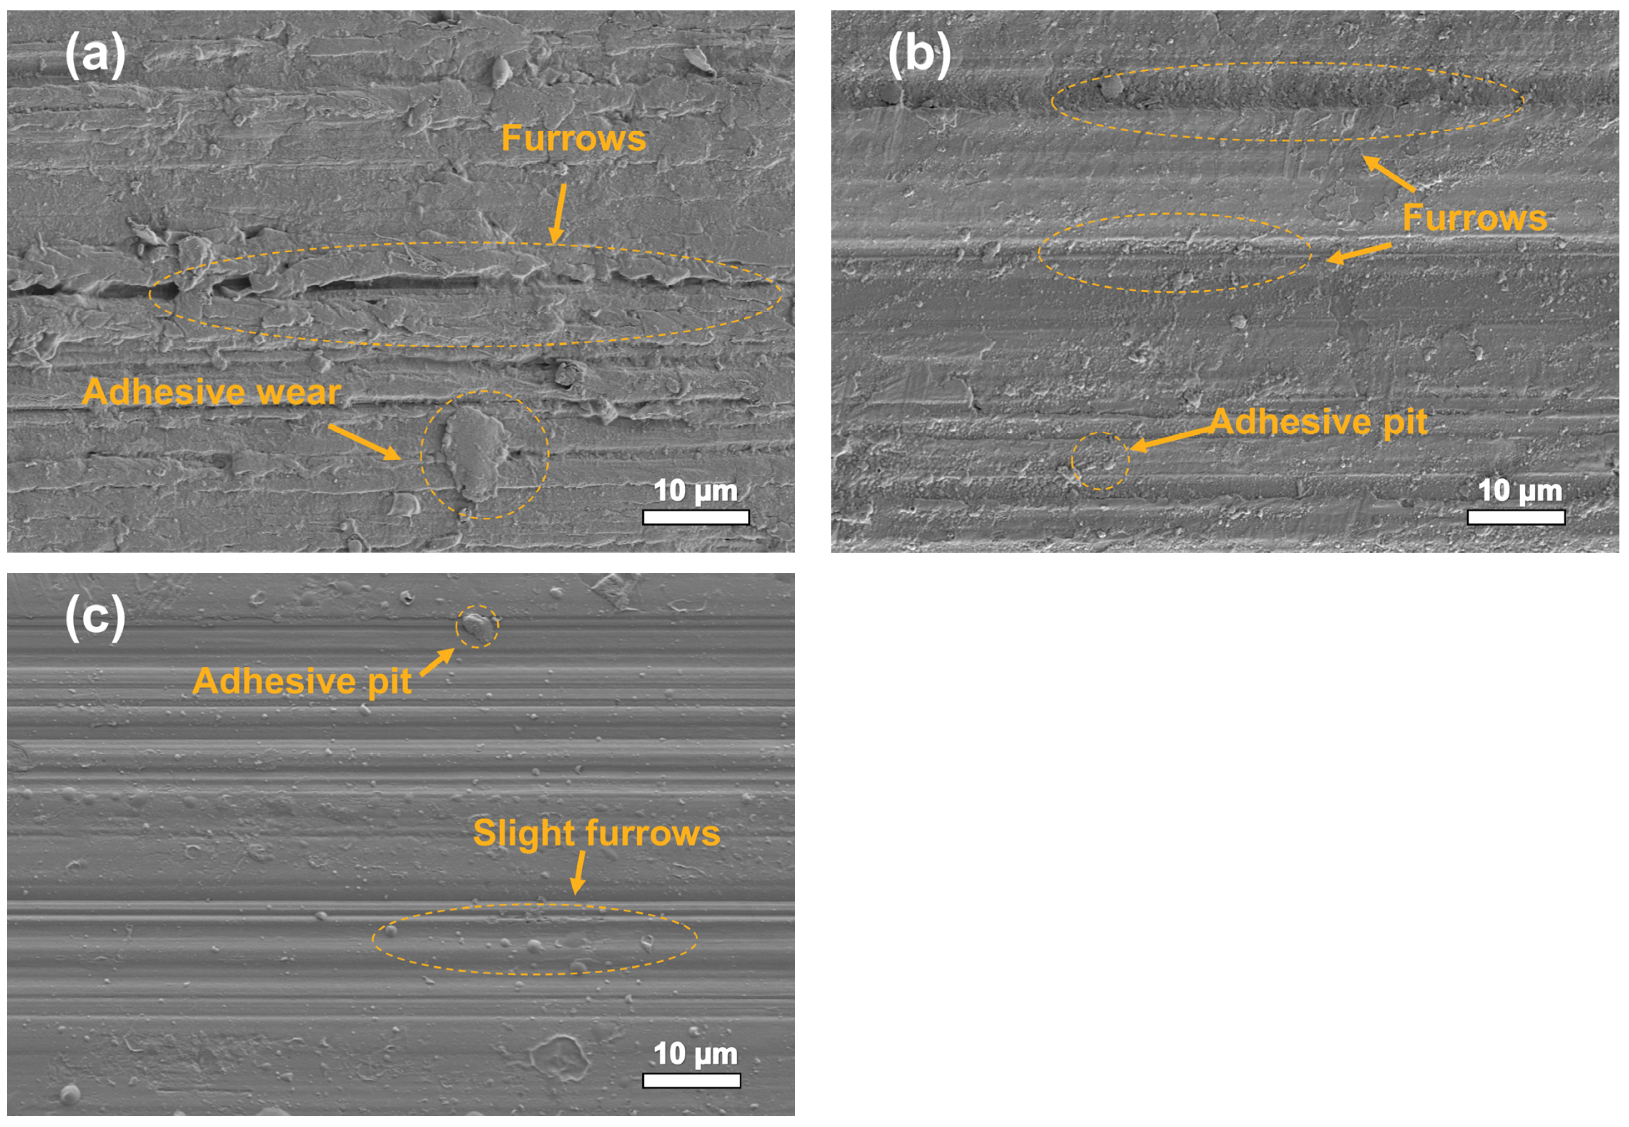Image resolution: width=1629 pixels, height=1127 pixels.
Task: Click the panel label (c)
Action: (x=95, y=617)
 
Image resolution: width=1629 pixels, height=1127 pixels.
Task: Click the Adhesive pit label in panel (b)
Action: (x=1318, y=422)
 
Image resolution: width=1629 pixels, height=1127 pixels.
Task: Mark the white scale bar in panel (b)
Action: (x=1516, y=518)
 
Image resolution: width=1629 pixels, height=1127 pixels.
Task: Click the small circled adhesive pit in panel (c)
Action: (x=476, y=626)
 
